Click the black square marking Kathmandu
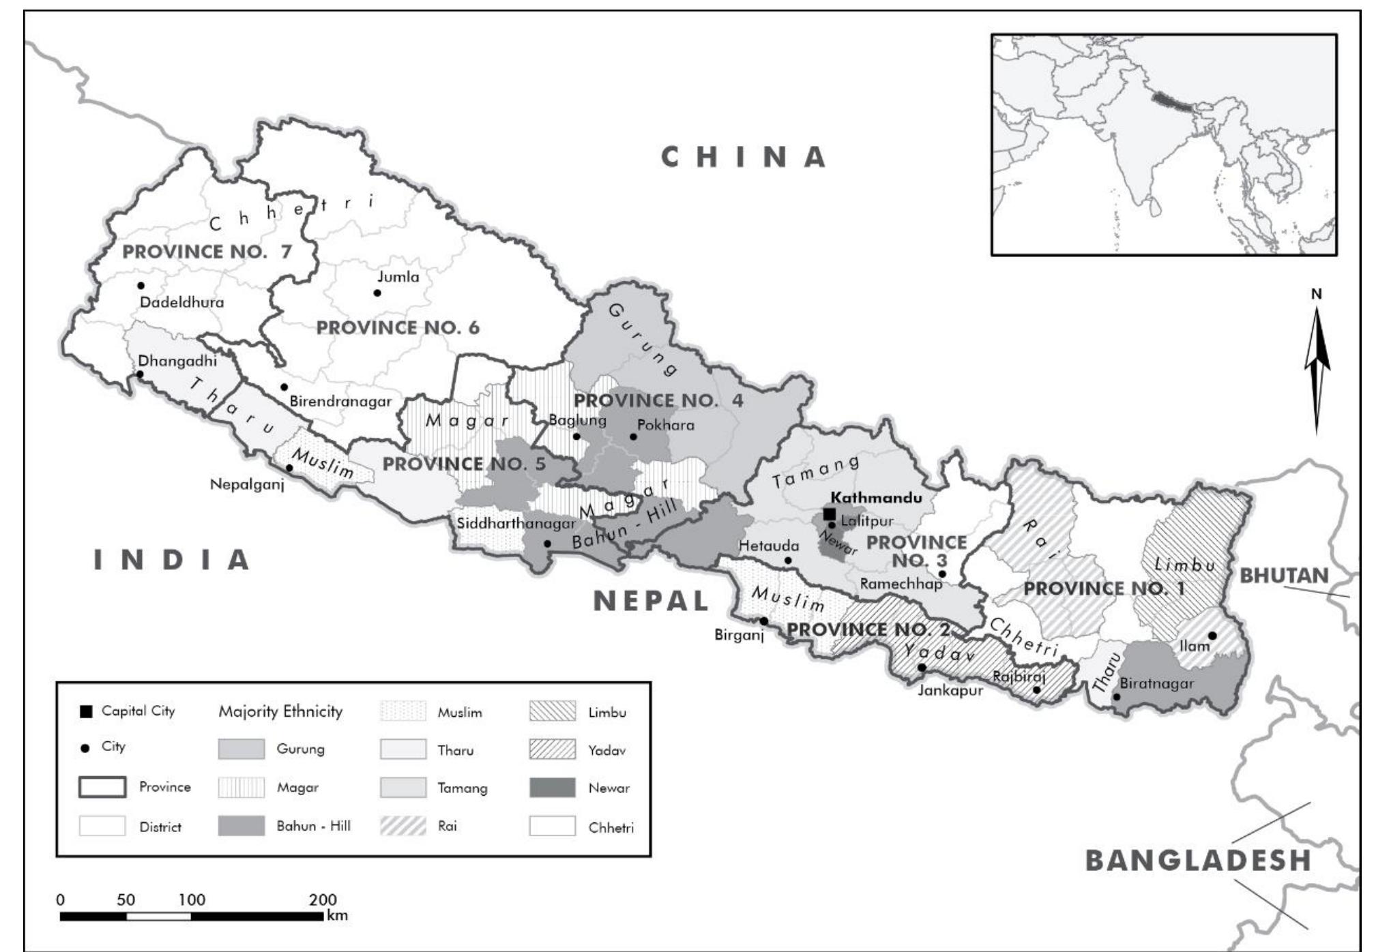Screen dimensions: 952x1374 click(829, 514)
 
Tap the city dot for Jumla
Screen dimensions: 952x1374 click(377, 293)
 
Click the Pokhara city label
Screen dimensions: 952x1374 click(665, 426)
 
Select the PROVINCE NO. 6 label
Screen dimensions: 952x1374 click(398, 328)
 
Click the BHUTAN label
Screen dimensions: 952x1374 click(1284, 576)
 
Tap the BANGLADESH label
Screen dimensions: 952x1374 click(1198, 861)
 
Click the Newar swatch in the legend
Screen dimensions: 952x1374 click(552, 788)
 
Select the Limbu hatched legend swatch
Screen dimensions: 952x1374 click(552, 712)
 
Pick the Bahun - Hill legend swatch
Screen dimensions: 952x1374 click(241, 826)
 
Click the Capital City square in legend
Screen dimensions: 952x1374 click(86, 712)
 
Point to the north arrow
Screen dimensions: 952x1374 click(1317, 368)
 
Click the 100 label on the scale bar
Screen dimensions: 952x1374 click(192, 899)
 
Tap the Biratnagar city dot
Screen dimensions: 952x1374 click(1117, 696)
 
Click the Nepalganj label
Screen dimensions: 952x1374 click(246, 485)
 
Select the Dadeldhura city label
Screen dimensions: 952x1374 click(181, 302)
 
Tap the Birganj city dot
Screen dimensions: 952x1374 click(764, 621)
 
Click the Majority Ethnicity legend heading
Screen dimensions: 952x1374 click(280, 712)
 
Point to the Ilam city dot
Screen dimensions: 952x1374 click(1212, 636)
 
